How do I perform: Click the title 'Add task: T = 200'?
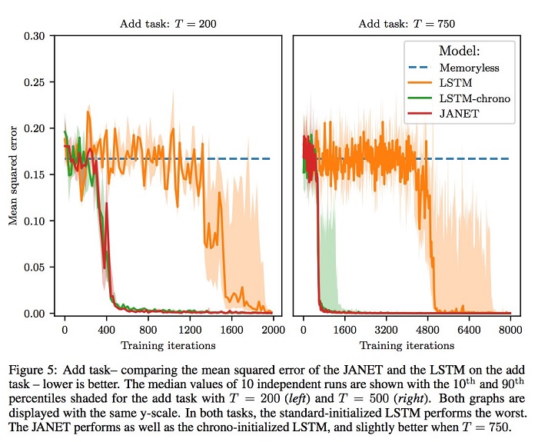tap(168, 24)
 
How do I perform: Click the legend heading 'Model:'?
tap(459, 51)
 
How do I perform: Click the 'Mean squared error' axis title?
tap(12, 174)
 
